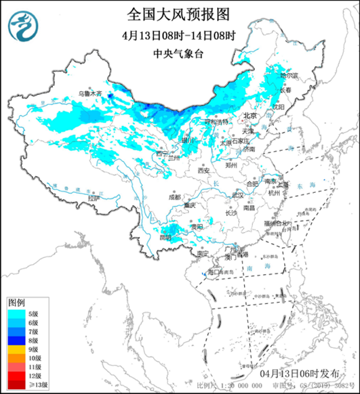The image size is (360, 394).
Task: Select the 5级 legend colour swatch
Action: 15,314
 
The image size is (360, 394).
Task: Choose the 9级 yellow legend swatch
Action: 15,350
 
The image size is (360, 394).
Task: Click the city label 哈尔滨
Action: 289,75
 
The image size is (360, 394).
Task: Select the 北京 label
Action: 250,116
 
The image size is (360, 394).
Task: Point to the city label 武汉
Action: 238,195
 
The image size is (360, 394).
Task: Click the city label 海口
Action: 214,272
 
